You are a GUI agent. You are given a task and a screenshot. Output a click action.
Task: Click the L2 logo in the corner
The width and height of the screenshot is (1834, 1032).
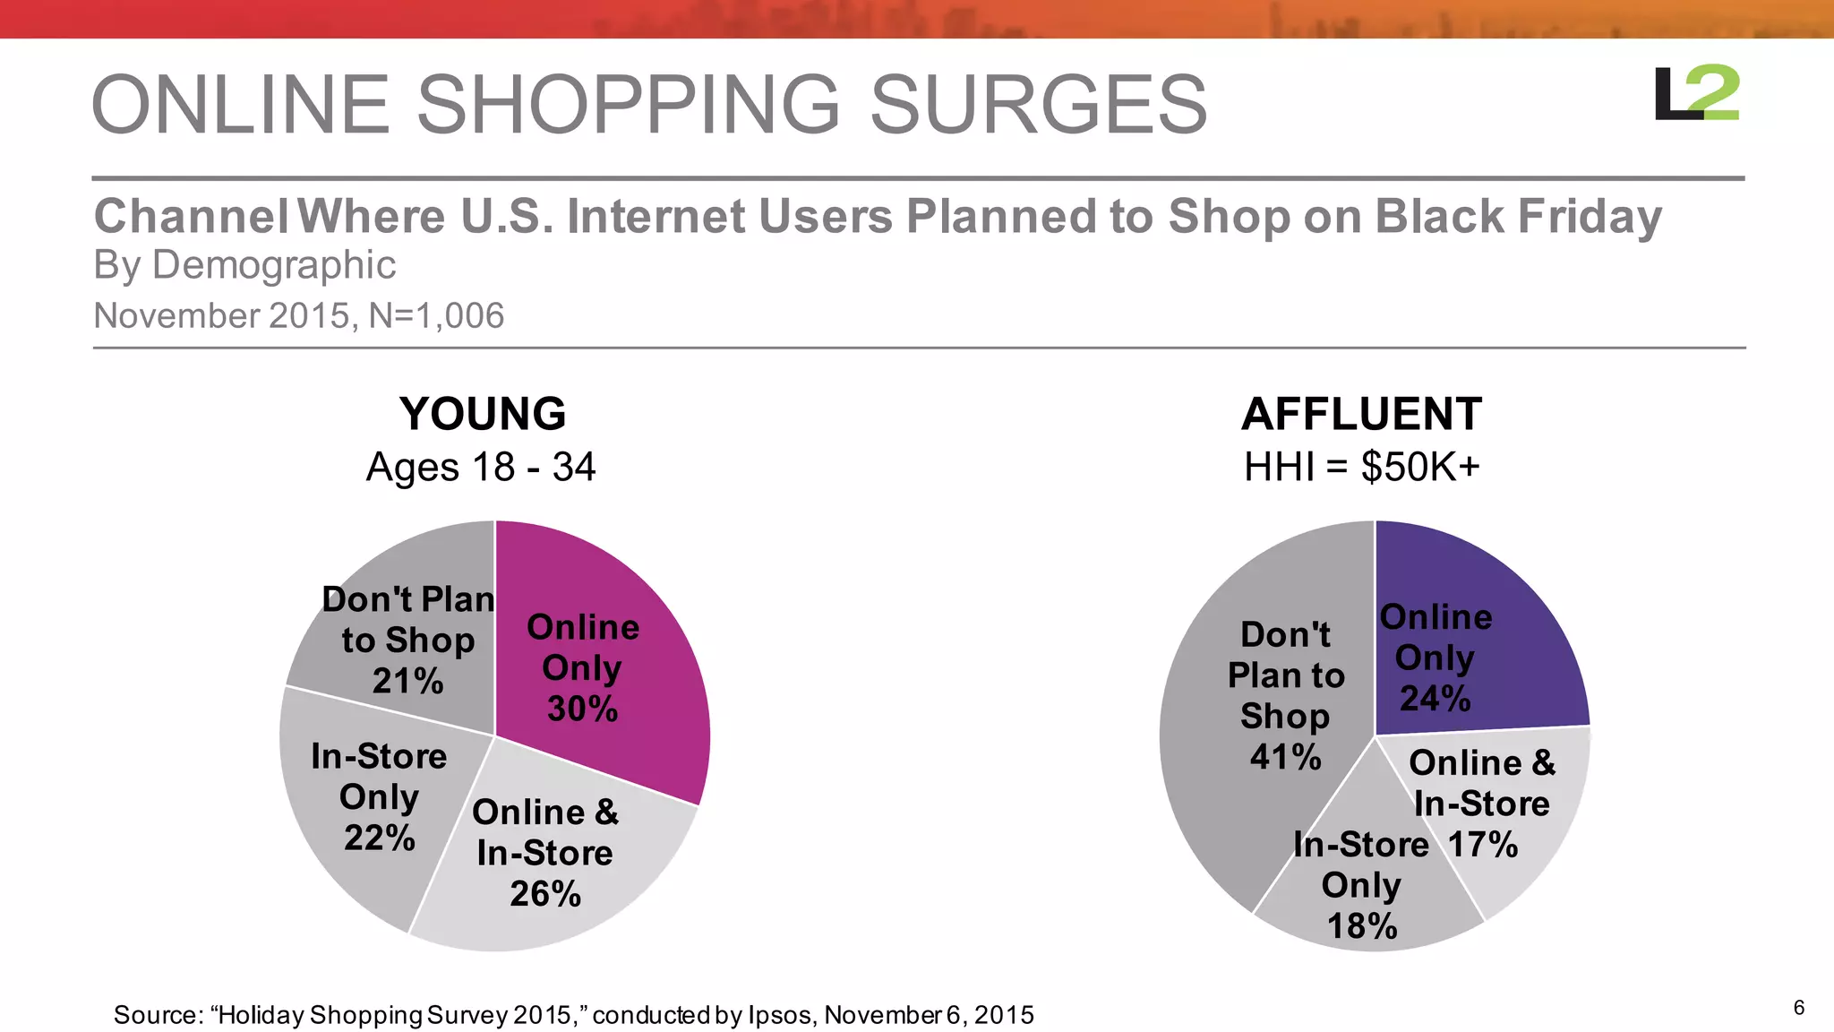1696,93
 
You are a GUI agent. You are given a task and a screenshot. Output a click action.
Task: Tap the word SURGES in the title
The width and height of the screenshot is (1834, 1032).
1038,105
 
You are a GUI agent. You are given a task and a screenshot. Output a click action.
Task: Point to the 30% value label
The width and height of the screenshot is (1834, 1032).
582,709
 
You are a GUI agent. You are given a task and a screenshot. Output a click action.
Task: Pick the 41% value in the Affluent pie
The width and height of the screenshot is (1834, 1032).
1285,758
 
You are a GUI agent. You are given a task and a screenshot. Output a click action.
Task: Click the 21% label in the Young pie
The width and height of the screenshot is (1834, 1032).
407,682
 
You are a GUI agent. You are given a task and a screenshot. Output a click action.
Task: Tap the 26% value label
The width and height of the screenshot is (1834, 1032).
544,894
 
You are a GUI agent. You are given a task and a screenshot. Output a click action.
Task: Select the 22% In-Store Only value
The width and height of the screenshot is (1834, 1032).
379,838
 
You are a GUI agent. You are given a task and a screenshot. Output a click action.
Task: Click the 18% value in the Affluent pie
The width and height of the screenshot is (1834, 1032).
1361,927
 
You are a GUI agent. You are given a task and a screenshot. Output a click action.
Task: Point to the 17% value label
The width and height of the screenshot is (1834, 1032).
1482,845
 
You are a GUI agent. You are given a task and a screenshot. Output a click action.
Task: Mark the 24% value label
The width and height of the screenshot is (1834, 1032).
1435,699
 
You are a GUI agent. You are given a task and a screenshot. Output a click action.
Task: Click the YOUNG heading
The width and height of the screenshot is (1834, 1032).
483,415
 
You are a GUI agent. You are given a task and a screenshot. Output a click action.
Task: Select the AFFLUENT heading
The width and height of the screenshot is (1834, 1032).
1361,415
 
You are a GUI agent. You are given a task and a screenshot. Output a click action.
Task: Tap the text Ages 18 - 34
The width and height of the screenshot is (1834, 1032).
481,468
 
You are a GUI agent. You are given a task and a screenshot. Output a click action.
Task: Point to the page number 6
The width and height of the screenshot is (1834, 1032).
1798,1008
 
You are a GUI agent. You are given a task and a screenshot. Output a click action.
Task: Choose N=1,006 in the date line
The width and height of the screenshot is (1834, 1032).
436,316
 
